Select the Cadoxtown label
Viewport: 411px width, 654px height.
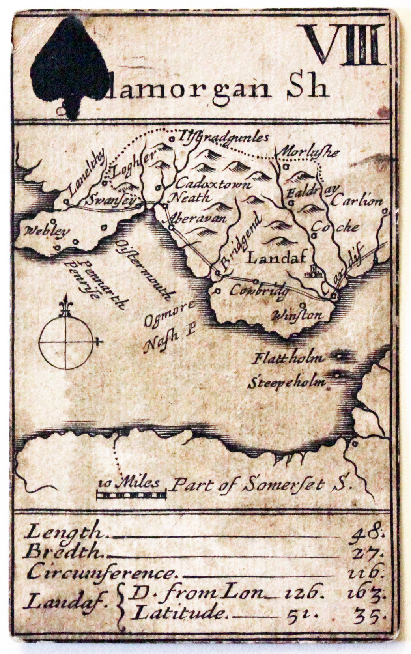[x=213, y=183]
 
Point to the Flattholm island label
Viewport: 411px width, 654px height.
[x=288, y=359]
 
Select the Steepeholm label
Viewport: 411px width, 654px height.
[x=287, y=382]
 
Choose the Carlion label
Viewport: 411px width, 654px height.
[x=357, y=201]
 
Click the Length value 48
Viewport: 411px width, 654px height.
[x=368, y=532]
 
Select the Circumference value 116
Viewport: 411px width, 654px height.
[x=367, y=571]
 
